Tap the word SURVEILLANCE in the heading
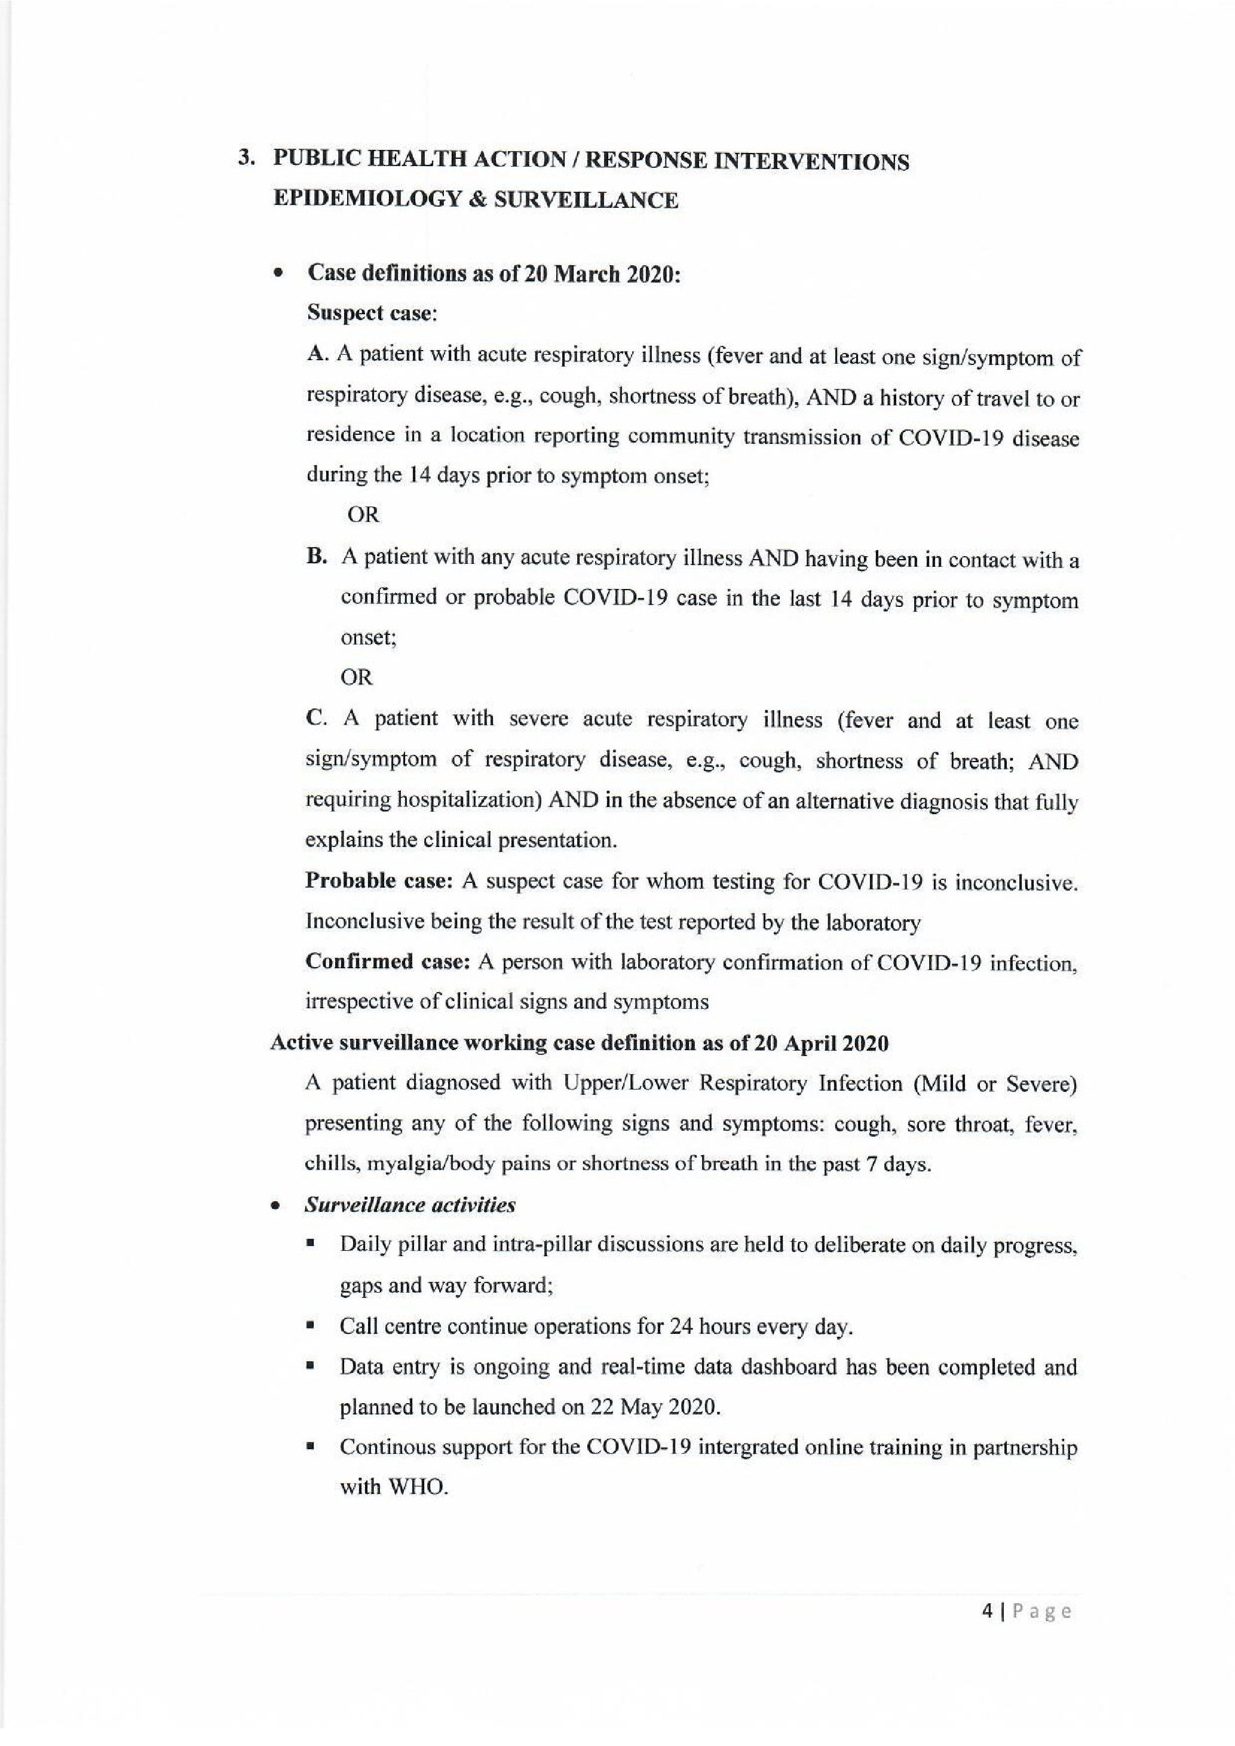[586, 200]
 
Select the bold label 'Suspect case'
[370, 312]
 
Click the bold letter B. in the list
[316, 557]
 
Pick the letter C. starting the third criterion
[315, 719]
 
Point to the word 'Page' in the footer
[1040, 1612]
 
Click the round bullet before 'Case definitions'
[279, 272]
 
